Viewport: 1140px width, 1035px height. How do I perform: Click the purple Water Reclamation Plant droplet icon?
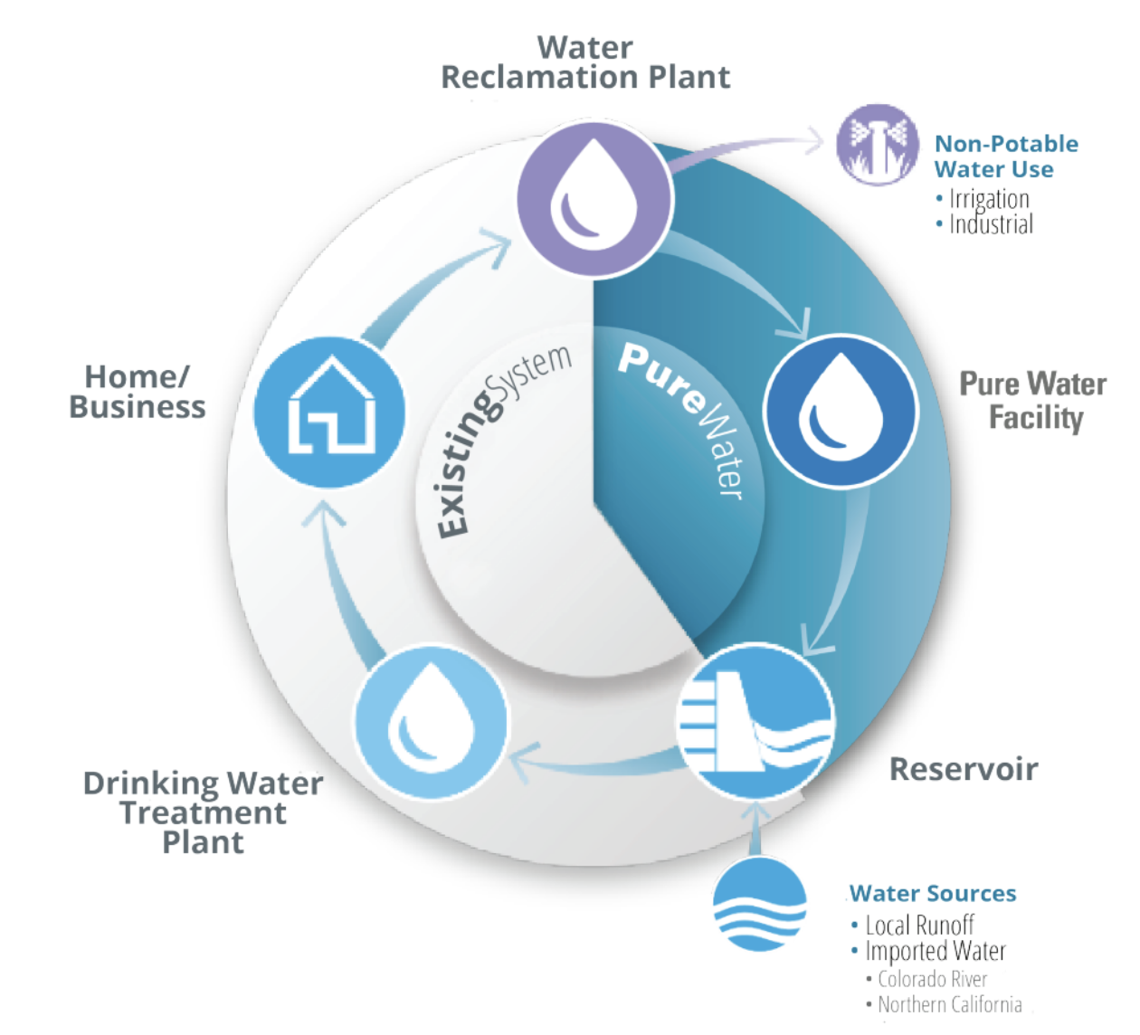[594, 199]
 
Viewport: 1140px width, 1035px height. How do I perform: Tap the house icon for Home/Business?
[329, 412]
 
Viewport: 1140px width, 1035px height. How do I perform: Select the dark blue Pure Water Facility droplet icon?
[841, 412]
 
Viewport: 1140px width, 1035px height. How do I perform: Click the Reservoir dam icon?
[755, 721]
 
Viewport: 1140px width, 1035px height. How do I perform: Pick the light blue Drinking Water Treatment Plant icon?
[431, 721]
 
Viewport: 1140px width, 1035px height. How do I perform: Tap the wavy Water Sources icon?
[759, 906]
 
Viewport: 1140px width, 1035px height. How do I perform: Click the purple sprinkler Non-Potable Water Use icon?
[876, 145]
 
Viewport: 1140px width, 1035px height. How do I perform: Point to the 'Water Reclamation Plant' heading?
[585, 62]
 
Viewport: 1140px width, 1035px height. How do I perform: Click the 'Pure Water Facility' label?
[1033, 401]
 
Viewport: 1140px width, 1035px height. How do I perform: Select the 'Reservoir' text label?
[964, 769]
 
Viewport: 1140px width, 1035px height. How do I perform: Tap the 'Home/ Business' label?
[138, 392]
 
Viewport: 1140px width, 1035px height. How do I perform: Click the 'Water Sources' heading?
[933, 894]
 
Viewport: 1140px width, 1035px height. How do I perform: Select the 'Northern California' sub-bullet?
[949, 1004]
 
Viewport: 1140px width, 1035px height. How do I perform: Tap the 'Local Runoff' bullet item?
[919, 926]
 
